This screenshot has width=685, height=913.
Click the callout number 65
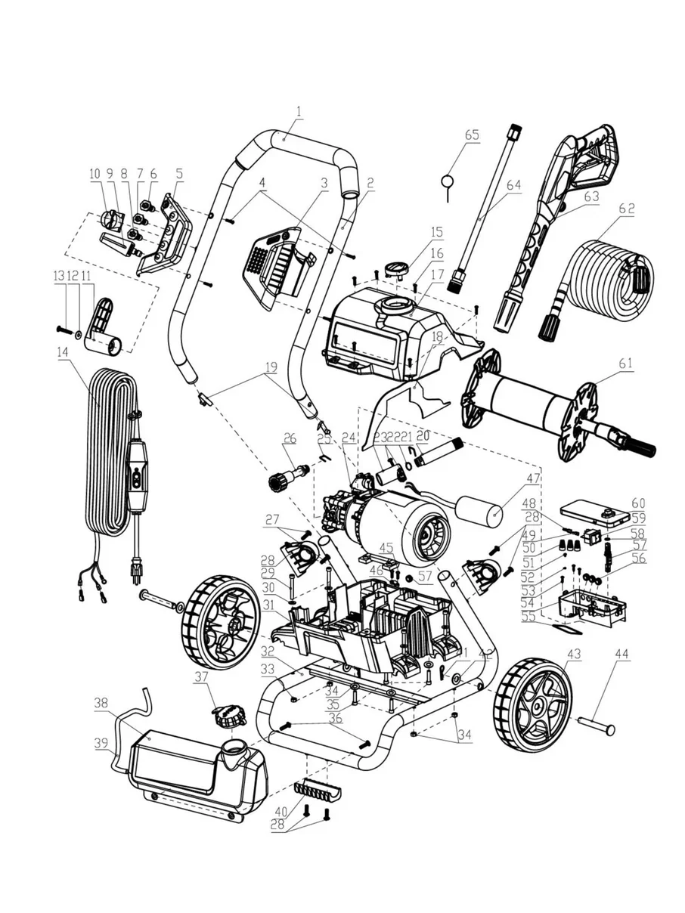(472, 135)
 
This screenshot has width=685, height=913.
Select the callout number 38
(101, 702)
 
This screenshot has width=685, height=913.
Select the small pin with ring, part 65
(448, 184)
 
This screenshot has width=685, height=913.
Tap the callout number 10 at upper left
(95, 174)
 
